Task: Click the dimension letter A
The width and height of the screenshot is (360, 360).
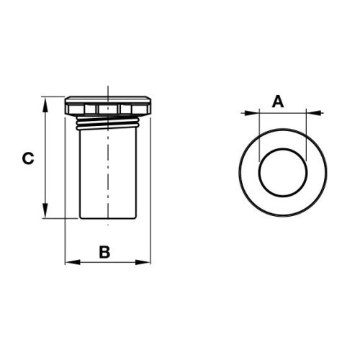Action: (278, 102)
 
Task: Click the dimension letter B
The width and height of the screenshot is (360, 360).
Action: (104, 252)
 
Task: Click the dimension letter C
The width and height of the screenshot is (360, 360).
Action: (28, 158)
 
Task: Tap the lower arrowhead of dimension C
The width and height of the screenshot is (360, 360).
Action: (45, 210)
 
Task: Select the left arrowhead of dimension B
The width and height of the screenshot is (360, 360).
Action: (73, 262)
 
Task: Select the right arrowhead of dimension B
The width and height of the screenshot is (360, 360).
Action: (143, 262)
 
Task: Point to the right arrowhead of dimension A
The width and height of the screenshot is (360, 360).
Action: (314, 112)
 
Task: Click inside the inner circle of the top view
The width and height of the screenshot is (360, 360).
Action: (283, 172)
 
